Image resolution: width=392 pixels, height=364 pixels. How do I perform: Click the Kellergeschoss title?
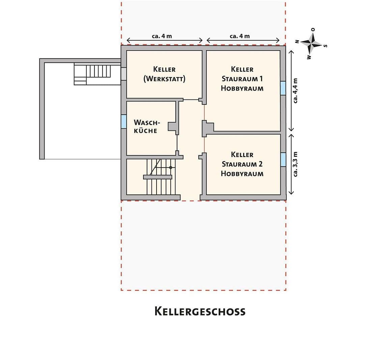[200, 311]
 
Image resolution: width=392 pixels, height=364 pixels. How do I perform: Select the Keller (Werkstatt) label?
[164, 74]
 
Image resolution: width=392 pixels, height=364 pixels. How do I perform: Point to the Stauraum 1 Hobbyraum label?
[242, 79]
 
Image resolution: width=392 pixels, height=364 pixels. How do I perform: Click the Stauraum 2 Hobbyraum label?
[242, 164]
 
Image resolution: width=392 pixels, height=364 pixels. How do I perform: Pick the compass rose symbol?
[312, 43]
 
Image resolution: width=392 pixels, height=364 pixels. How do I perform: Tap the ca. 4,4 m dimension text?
[296, 91]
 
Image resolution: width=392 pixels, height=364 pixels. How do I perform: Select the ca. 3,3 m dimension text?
[296, 164]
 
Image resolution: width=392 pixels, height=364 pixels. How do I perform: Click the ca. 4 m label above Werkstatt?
[162, 36]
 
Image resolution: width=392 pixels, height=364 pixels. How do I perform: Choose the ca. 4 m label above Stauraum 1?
[240, 36]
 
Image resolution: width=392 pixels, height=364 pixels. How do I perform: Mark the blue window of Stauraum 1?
[283, 88]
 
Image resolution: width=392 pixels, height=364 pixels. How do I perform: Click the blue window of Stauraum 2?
[283, 159]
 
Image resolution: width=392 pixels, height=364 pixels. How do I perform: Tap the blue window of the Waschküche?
[123, 122]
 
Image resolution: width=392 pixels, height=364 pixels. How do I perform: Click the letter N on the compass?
[297, 41]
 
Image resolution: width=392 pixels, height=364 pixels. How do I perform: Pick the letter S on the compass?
[326, 46]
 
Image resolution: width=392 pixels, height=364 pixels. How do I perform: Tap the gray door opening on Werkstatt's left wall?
[123, 73]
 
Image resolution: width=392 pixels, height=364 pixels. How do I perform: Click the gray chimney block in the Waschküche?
[173, 126]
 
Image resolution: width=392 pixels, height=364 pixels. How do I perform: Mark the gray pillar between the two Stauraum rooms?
[207, 128]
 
